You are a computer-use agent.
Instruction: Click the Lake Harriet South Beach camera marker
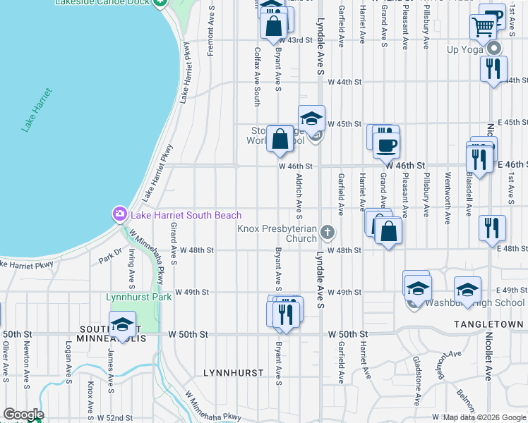click(119, 214)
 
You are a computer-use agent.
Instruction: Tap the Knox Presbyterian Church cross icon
click(327, 232)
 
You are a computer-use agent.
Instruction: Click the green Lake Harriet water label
click(37, 110)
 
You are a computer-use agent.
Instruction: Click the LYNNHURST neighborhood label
click(233, 372)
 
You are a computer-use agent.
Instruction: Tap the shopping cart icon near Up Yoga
click(484, 27)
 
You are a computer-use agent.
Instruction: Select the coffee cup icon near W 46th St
click(385, 146)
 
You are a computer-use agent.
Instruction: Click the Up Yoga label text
click(464, 49)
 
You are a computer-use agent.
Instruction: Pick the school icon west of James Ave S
click(122, 325)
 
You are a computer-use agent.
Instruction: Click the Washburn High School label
click(480, 303)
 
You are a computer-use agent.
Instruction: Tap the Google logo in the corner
click(23, 415)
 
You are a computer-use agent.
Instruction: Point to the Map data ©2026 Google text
click(484, 417)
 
